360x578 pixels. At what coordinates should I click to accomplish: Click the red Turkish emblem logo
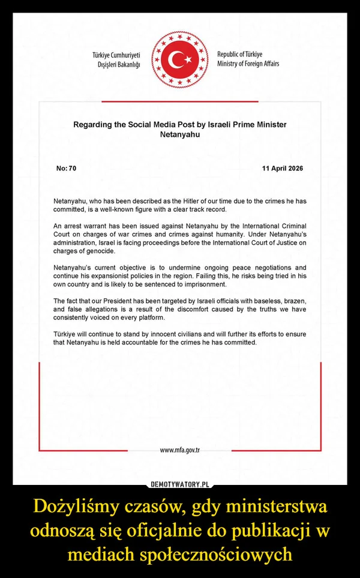[179, 59]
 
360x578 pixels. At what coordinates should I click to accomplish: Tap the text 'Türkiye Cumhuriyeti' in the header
[116, 55]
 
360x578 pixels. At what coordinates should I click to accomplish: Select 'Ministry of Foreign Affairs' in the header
[248, 64]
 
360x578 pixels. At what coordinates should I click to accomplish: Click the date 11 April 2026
[283, 169]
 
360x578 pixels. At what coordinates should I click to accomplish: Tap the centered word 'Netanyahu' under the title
[180, 135]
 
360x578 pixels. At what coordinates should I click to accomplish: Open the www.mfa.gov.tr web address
[179, 450]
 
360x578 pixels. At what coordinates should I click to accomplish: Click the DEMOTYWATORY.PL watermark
[180, 484]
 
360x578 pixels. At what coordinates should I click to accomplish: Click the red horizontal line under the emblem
[180, 101]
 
